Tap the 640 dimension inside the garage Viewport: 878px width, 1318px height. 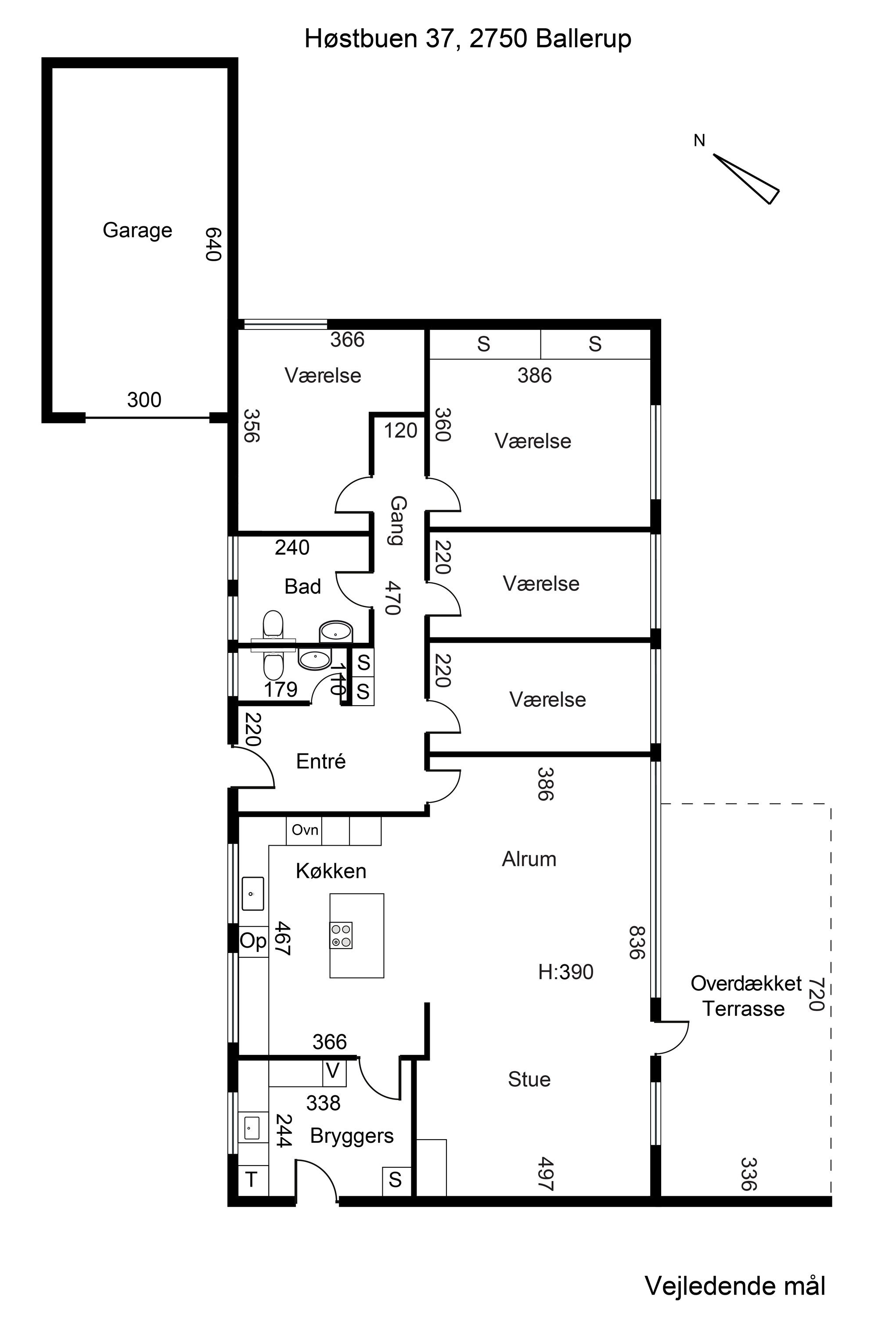pos(213,244)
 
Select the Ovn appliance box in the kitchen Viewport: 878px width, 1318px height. pos(305,830)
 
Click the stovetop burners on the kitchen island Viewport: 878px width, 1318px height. pos(341,935)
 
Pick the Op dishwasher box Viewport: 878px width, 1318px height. pos(253,941)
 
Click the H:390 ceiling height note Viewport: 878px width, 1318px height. pos(565,972)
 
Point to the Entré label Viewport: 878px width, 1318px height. pos(321,761)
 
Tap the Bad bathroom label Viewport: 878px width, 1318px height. pos(302,587)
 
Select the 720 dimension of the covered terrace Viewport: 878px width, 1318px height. pos(817,995)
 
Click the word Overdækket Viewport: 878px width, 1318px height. pos(746,984)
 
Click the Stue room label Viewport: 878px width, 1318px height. pos(529,1079)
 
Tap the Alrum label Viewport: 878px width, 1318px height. pos(529,859)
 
